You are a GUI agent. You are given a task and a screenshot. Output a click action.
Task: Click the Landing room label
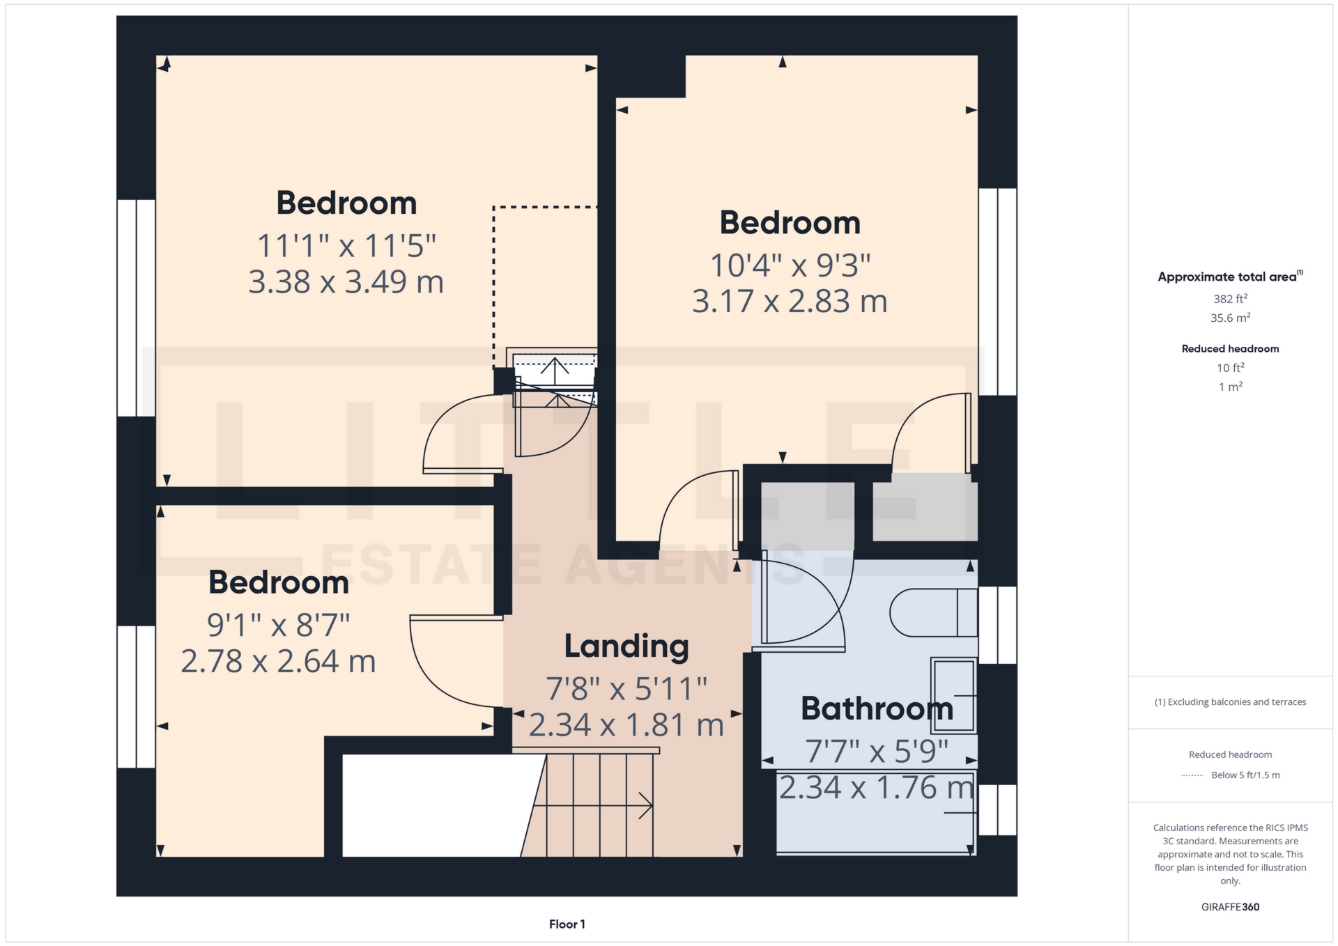626,646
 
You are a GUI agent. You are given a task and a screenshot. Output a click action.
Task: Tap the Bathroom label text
877,709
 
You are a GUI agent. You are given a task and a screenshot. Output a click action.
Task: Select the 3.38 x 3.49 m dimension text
346,282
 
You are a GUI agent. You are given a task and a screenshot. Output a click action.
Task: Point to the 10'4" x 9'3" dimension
790,265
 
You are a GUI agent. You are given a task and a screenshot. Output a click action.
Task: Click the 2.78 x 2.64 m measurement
278,661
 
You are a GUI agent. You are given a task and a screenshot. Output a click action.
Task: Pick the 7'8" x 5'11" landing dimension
626,689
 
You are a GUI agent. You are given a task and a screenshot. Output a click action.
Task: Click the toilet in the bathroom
933,613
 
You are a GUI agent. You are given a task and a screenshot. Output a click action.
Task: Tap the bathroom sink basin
953,695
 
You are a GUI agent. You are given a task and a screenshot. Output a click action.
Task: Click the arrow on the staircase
645,806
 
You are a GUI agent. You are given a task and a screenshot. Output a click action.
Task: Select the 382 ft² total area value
1230,299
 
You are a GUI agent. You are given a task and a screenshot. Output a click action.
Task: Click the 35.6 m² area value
1230,318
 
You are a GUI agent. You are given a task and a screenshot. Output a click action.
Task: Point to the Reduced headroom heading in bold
1230,349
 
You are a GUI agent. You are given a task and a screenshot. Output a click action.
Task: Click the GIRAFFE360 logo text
1230,907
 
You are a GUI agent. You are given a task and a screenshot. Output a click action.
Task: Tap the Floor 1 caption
567,924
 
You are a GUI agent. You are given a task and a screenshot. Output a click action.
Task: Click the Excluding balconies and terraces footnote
1230,702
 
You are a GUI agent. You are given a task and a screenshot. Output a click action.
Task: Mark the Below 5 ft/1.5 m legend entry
1245,775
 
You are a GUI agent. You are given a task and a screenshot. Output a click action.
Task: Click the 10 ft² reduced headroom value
1230,368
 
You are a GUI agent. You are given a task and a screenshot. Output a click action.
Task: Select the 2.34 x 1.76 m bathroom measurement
876,788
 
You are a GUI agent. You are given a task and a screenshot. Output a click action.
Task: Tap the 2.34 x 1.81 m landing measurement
626,725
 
